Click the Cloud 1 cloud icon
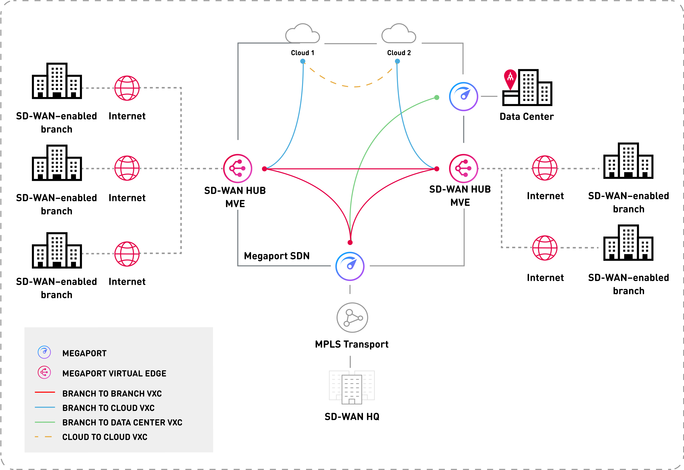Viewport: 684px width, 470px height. point(303,34)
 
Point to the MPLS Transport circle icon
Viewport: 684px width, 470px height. point(352,317)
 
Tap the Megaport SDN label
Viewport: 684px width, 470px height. point(277,256)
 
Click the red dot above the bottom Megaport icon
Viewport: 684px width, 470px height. point(350,242)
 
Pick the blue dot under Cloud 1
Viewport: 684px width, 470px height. point(303,61)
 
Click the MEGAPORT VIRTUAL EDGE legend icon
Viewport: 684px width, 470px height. point(44,373)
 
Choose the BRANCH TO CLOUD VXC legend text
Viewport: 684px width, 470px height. point(108,408)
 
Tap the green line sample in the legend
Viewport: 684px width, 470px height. point(45,422)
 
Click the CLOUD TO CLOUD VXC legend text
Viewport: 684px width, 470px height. point(105,437)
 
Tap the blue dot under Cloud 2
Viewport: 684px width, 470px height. point(397,61)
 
